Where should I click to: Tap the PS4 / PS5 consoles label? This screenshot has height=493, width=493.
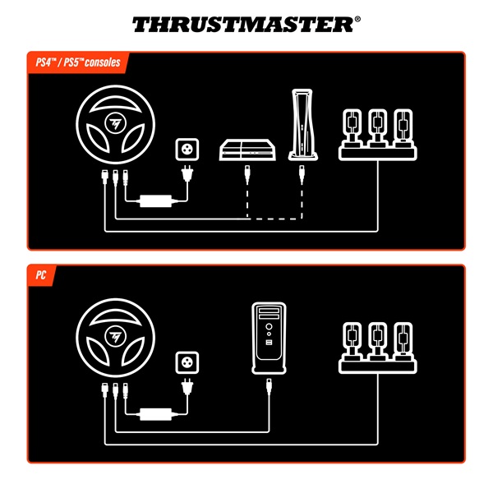[x=74, y=62]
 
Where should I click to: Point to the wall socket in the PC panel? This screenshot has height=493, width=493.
[x=187, y=365]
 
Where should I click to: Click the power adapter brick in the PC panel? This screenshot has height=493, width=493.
[x=154, y=413]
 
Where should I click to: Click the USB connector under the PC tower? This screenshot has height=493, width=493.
[x=269, y=387]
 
